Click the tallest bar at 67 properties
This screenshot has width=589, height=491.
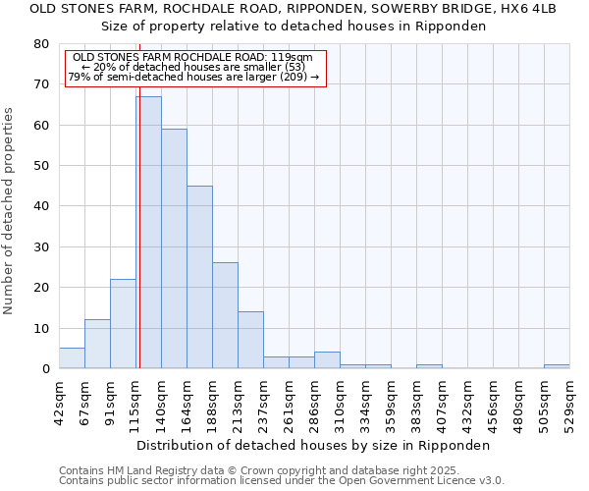[148, 233]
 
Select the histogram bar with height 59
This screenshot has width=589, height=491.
[174, 248]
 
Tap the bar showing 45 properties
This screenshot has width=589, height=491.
[199, 277]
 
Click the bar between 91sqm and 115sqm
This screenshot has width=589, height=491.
[123, 324]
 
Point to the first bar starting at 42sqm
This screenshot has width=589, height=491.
[72, 358]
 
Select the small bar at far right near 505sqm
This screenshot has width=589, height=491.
[557, 366]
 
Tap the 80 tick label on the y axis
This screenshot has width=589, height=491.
[41, 44]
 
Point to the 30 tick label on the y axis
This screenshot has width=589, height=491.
[41, 247]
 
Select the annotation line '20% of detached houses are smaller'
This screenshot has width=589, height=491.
[192, 67]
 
